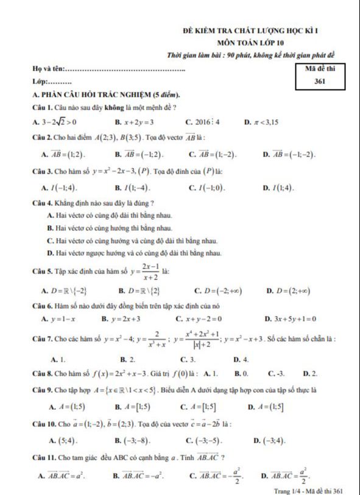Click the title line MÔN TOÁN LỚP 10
(x=250, y=43)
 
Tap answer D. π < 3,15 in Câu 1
(x=261, y=122)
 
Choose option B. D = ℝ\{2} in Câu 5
(x=139, y=290)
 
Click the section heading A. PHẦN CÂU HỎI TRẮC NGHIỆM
(x=107, y=95)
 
